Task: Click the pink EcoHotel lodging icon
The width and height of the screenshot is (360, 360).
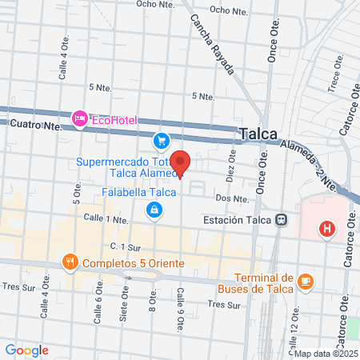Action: pyautogui.click(x=80, y=119)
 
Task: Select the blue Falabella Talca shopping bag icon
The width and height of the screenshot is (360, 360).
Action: pyautogui.click(x=153, y=210)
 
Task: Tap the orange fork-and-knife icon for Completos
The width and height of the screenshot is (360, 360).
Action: pyautogui.click(x=70, y=262)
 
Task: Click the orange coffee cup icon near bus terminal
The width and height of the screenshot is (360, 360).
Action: pyautogui.click(x=306, y=281)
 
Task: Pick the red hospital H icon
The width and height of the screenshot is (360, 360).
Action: pyautogui.click(x=326, y=229)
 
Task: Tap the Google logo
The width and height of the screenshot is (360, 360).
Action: pyautogui.click(x=27, y=350)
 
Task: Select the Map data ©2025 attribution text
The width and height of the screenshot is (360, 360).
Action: pyautogui.click(x=326, y=353)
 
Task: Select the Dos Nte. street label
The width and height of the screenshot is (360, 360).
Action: pyautogui.click(x=229, y=198)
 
